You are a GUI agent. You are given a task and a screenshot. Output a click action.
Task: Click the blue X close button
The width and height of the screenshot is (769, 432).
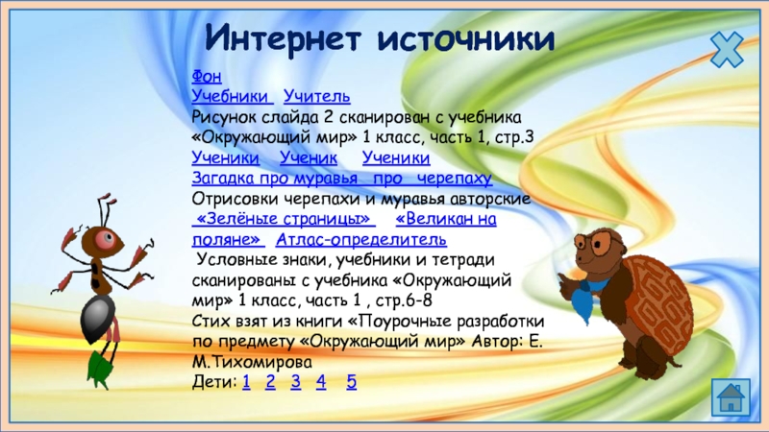(727, 50)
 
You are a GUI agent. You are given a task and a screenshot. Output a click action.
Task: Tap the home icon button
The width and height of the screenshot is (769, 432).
(731, 397)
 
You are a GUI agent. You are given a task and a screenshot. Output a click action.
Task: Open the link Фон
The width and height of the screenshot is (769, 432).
(207, 77)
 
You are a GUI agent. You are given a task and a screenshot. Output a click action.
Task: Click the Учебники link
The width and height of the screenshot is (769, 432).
(230, 96)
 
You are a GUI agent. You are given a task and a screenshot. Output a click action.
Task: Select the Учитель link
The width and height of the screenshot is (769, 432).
(317, 96)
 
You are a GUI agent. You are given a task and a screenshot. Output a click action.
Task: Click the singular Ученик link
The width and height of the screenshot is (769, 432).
(309, 157)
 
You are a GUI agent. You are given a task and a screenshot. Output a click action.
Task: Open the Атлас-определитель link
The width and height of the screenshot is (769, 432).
(361, 239)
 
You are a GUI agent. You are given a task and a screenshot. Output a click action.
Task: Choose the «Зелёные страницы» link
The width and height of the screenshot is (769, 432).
(284, 219)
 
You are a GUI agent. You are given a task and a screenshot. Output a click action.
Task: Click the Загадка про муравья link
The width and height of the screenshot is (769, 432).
(275, 179)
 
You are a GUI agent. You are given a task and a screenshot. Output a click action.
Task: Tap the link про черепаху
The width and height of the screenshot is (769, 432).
(433, 179)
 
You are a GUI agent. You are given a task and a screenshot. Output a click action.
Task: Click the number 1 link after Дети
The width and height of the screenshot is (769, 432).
(246, 381)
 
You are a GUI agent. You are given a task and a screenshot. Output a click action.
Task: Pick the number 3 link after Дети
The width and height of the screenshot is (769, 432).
(295, 381)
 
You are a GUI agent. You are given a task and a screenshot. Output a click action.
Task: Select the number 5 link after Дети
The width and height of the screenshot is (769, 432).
(352, 381)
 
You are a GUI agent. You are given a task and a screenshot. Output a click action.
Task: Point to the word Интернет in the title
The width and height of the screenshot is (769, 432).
(283, 38)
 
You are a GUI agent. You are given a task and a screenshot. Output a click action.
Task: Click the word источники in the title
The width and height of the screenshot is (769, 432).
(466, 38)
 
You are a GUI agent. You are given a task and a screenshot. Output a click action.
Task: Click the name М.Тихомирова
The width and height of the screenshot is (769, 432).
(252, 362)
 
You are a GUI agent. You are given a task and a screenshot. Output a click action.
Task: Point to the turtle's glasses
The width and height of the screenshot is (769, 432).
(594, 243)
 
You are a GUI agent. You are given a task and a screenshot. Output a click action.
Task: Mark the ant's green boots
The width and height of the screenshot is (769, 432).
(101, 369)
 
